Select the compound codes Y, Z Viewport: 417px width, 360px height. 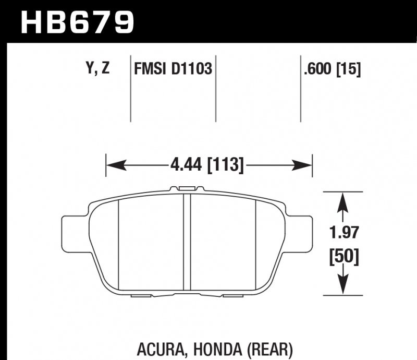click(x=96, y=69)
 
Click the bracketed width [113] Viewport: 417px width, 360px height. click(x=226, y=166)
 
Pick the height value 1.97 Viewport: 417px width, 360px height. click(x=342, y=233)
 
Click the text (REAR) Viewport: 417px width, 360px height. click(x=267, y=348)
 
